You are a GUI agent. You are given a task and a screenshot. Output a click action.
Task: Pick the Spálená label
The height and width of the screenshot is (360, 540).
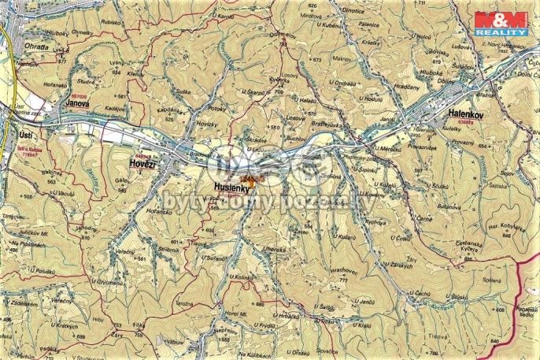click(x=491, y=281)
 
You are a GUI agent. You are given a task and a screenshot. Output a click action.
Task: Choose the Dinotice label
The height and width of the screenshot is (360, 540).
click(x=353, y=10)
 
